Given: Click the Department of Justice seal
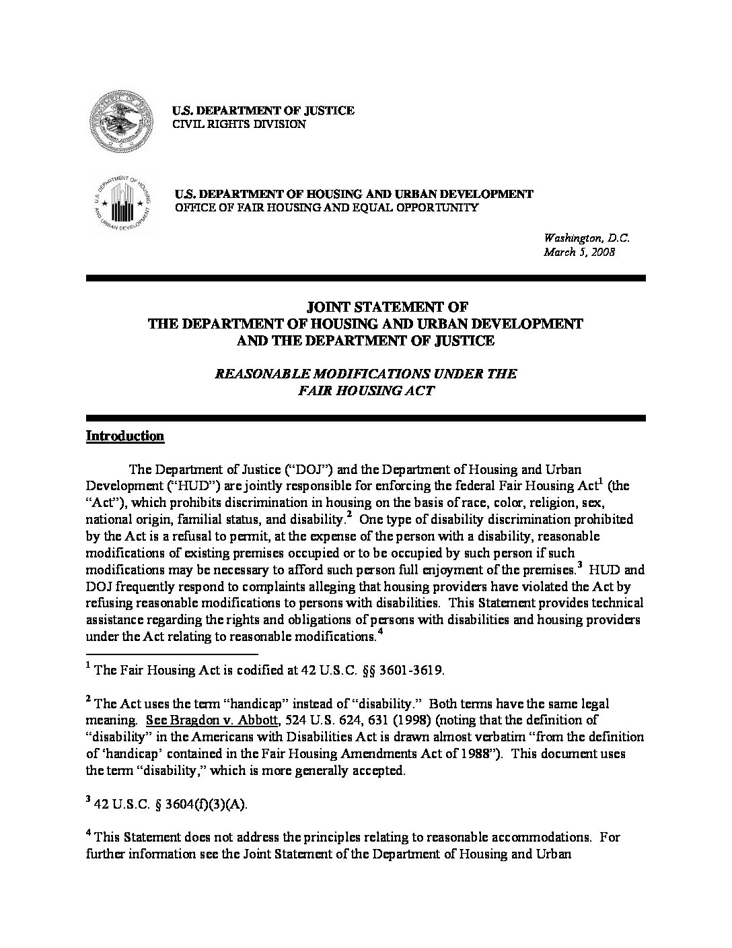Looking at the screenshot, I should coord(120,123).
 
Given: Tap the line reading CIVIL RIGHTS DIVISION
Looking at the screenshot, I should coord(240,125).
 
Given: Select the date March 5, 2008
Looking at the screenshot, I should coord(579,252).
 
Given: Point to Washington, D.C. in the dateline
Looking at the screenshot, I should coord(586,238).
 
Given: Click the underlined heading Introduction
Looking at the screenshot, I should coord(125,436).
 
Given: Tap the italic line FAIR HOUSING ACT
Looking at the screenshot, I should coord(366,391).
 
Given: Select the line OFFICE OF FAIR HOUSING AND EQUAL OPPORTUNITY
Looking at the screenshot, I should coord(326,207).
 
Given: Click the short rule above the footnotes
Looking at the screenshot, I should coord(172,654).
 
